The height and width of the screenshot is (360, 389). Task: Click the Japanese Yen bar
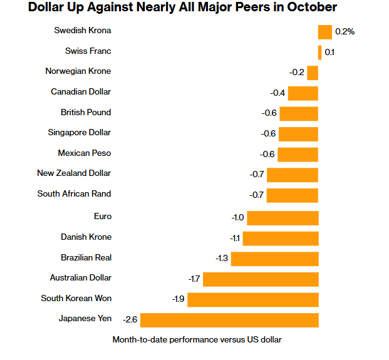(229, 320)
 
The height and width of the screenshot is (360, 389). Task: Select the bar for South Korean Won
(253, 299)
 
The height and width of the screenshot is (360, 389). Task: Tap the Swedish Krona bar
(324, 32)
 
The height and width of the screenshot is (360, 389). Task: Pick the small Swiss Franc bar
(320, 53)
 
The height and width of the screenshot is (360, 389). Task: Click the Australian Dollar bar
(261, 279)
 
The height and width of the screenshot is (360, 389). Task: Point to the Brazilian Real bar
(275, 259)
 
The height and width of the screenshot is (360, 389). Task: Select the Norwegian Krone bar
(313, 73)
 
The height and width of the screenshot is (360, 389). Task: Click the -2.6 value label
(130, 320)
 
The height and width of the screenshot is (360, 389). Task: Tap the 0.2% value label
(345, 31)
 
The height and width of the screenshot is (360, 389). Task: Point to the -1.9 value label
(178, 299)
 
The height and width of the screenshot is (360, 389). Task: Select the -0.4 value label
(277, 93)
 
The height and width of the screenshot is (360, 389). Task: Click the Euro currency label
(102, 216)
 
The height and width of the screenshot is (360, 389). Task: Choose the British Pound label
(86, 112)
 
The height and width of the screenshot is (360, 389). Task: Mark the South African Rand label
(74, 193)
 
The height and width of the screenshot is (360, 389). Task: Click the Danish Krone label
(86, 237)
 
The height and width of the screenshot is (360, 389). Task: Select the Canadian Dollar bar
(303, 93)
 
